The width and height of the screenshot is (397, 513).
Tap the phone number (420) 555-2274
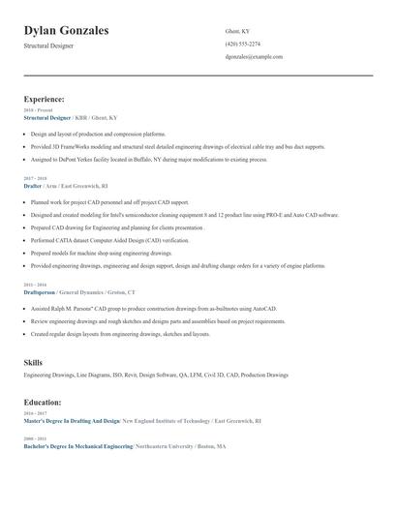[x=242, y=44]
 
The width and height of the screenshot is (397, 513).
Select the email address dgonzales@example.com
[x=254, y=57]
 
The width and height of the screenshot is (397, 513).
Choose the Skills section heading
[x=33, y=362]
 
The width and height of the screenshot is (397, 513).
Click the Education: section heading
[x=43, y=401]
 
